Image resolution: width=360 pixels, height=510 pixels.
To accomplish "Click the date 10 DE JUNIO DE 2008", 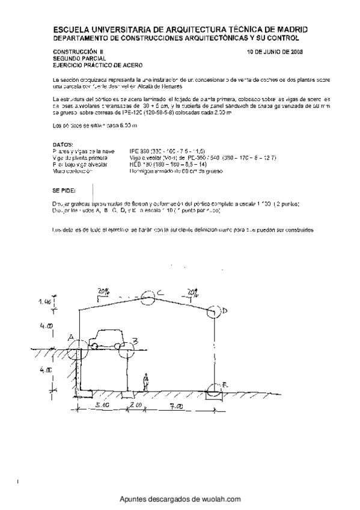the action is click(x=275, y=52).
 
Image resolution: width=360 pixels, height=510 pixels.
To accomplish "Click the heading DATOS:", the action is click(x=63, y=145).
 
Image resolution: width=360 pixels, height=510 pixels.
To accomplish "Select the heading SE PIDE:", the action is click(x=64, y=189).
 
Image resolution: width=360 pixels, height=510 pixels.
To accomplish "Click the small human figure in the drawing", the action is click(x=145, y=382).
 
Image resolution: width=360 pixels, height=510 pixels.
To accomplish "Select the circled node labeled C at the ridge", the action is click(x=148, y=295).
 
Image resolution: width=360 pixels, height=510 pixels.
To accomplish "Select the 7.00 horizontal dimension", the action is click(x=175, y=407).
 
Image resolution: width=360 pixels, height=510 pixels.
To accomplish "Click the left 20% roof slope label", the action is click(x=104, y=290).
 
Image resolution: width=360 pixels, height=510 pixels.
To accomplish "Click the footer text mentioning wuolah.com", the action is click(x=180, y=499).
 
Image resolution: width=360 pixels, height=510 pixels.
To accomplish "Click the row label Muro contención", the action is click(x=72, y=171).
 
